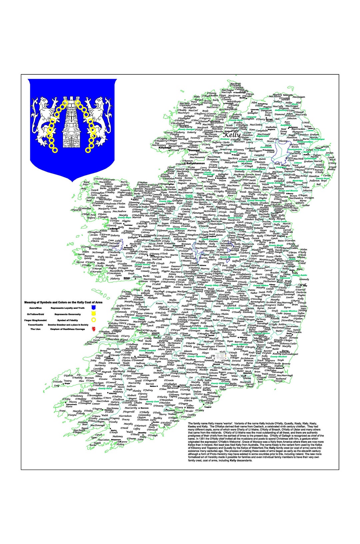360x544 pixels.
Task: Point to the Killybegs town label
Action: coord(165,147)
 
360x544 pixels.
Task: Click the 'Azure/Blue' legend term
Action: coord(36,308)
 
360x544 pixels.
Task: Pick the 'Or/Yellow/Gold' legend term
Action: coord(36,315)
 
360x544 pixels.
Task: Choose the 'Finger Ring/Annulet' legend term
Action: coord(36,320)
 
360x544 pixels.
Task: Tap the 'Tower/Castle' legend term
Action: coord(36,325)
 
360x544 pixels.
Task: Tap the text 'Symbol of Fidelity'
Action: coord(67,320)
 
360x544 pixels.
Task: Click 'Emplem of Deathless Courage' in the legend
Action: coord(67,329)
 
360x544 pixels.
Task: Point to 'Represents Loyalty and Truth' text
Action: coord(67,308)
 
